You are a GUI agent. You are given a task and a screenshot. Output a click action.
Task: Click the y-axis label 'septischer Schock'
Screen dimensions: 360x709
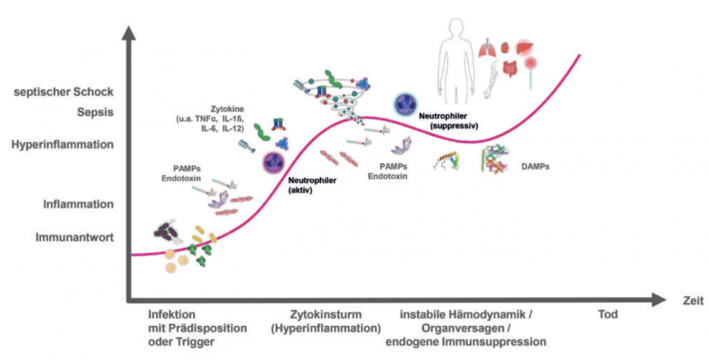(x=63, y=92)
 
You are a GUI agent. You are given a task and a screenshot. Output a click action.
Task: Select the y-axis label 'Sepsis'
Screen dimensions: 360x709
(x=96, y=111)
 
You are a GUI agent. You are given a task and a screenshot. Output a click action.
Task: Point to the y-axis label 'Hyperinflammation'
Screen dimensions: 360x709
(x=62, y=144)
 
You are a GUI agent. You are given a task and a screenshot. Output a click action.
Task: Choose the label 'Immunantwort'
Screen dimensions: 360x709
(x=74, y=237)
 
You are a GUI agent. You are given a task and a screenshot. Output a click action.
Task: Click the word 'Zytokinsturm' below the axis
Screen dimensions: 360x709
(x=324, y=314)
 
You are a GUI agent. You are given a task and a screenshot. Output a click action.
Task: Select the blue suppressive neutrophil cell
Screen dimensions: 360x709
(x=404, y=104)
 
